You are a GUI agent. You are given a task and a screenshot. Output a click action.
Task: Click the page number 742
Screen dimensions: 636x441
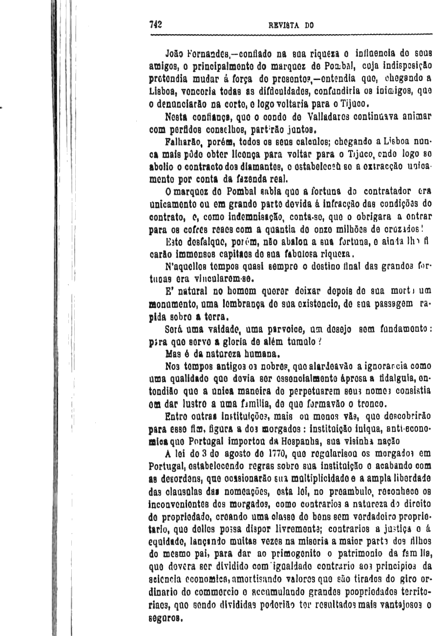click(156, 25)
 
